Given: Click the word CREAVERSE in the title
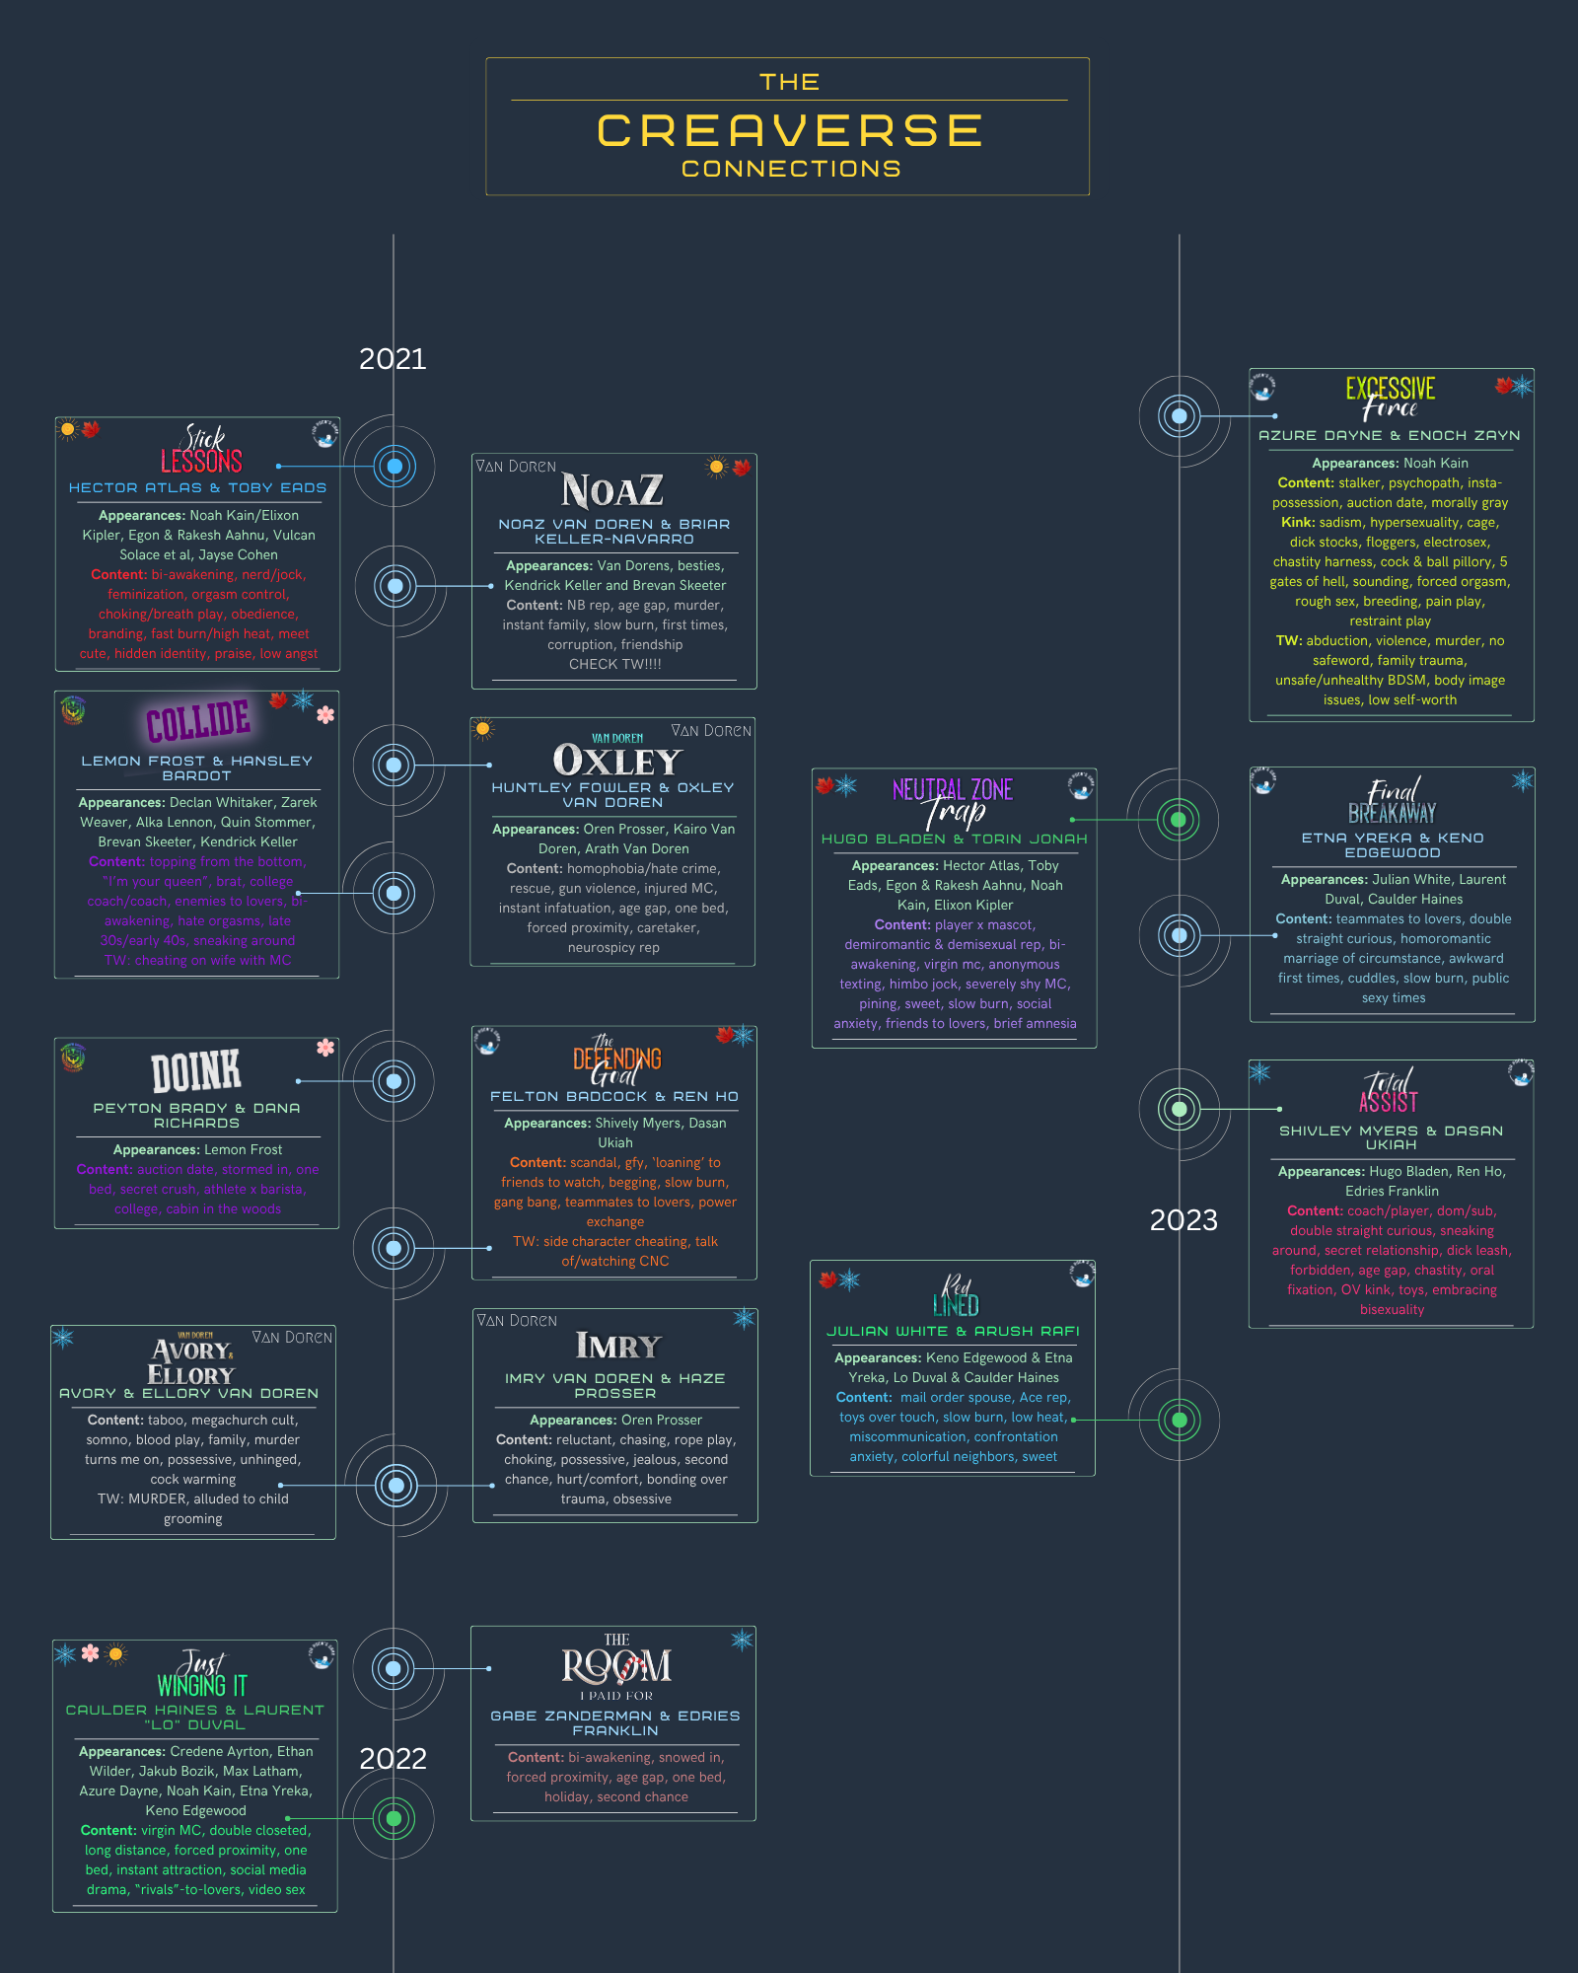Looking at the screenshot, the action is tap(790, 131).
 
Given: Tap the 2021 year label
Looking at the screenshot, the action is tap(393, 359).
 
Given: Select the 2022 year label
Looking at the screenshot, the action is tap(393, 1759).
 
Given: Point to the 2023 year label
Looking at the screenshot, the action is tap(1183, 1220).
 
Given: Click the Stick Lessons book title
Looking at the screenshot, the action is tap(202, 450).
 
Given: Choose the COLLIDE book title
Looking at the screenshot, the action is tap(198, 721).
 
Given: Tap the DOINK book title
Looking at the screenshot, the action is tap(196, 1071).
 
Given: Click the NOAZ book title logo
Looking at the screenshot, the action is tap(612, 491).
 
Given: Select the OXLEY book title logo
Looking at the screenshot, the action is tap(617, 760).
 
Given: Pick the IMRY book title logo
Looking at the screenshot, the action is tap(618, 1347).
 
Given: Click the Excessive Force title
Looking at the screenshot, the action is tap(1391, 397).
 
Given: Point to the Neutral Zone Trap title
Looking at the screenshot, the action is tap(953, 801).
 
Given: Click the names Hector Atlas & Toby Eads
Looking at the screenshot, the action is tap(197, 488).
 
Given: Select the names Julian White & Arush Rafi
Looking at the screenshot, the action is tap(953, 1332).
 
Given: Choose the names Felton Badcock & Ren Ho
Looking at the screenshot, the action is tap(614, 1097).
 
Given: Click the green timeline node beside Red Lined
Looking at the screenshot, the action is tap(1179, 1421).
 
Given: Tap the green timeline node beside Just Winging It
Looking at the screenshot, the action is tap(394, 1818).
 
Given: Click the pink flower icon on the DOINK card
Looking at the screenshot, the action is tap(325, 1048).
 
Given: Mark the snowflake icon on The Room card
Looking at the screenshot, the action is tap(742, 1641).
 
